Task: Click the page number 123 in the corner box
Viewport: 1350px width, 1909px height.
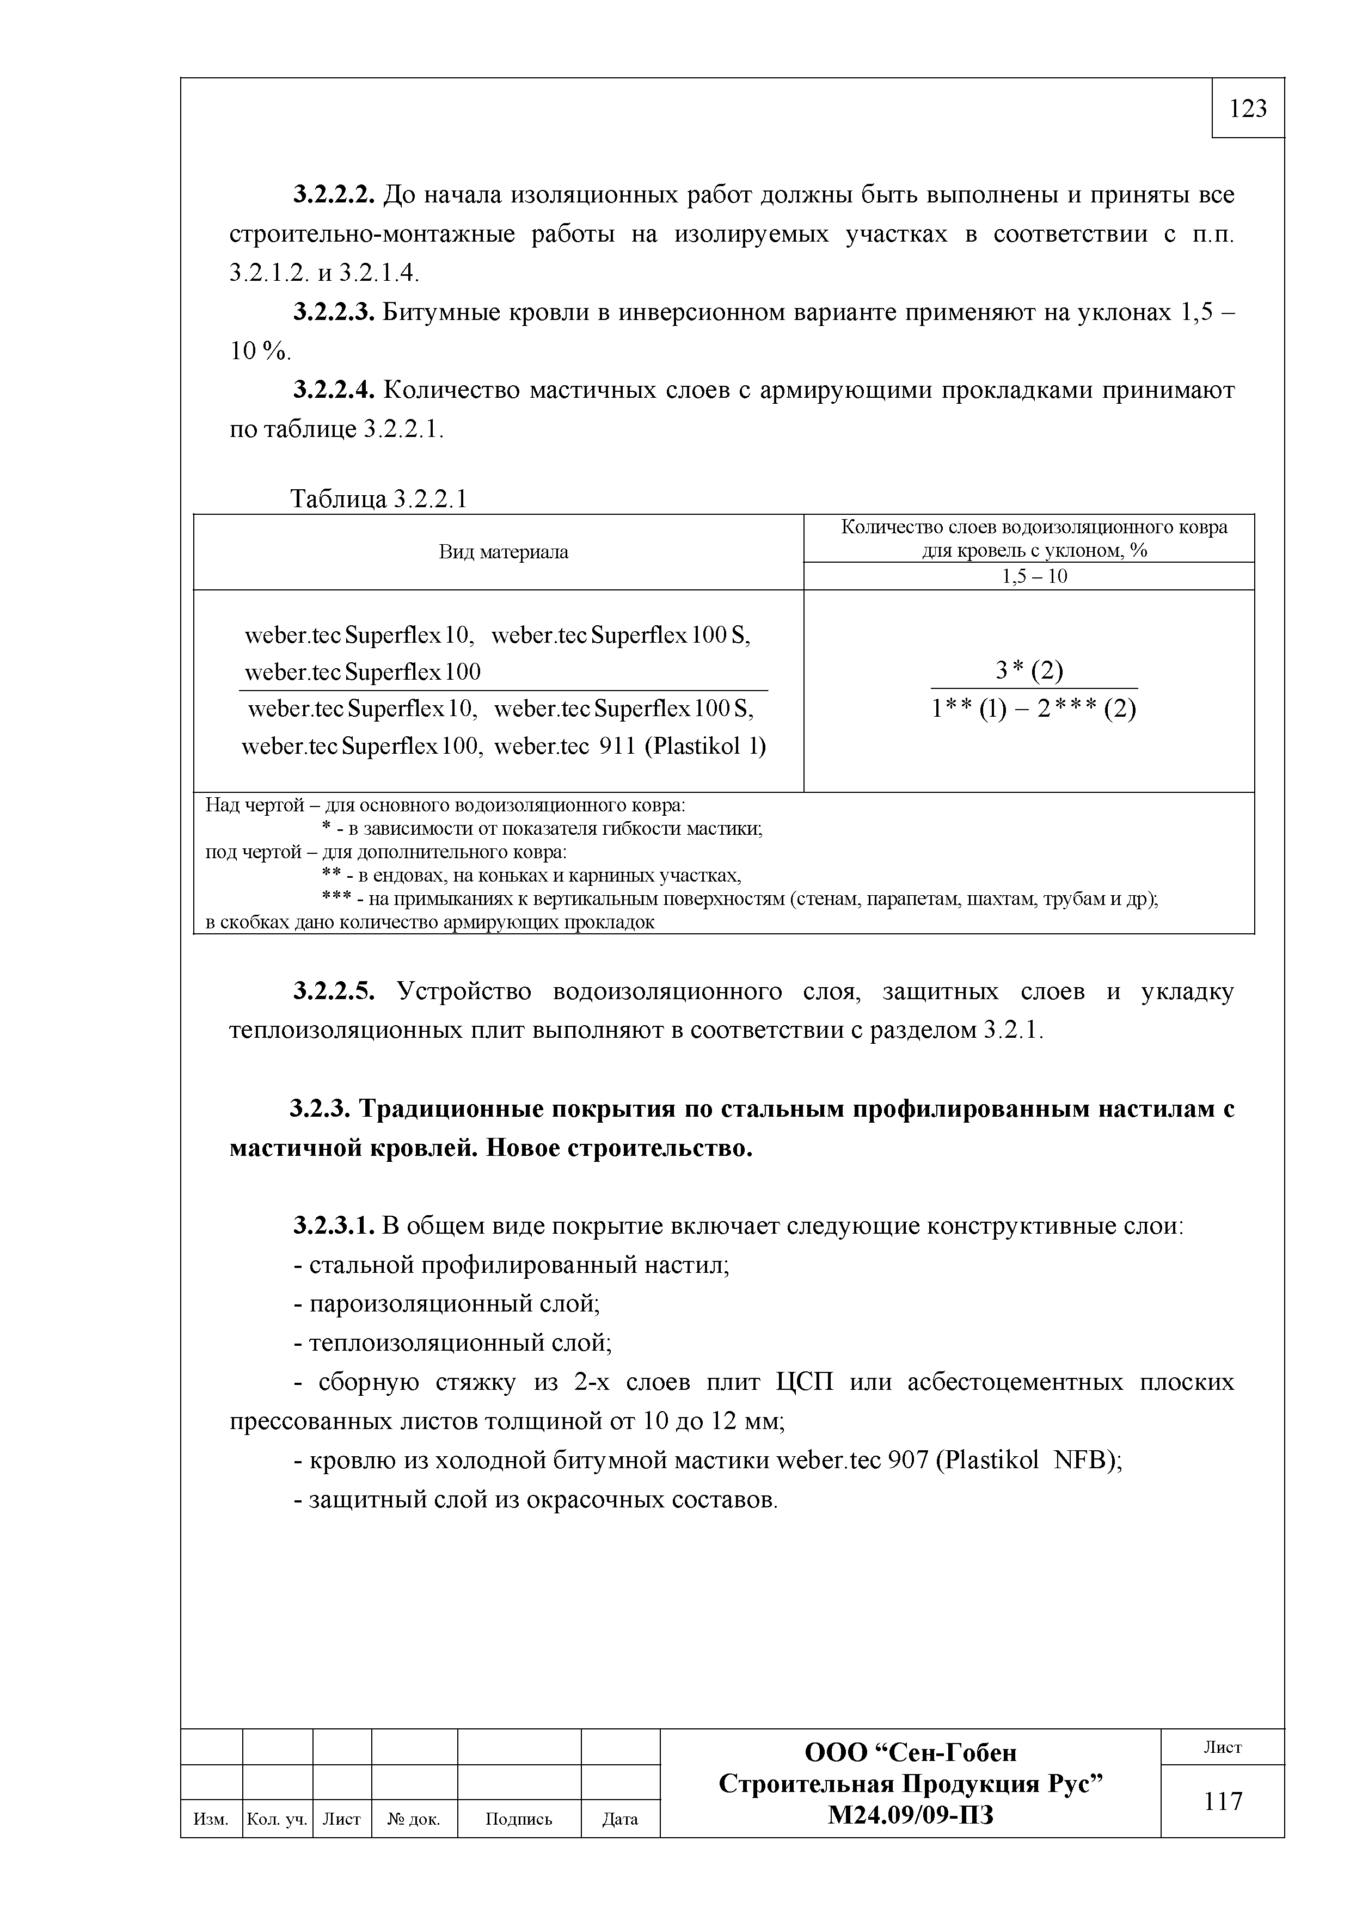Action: [x=1248, y=108]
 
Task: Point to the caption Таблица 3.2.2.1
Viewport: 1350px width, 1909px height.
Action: [x=378, y=499]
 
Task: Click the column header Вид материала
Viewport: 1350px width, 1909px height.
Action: [x=503, y=552]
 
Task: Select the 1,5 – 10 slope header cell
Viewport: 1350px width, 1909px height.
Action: [x=1034, y=576]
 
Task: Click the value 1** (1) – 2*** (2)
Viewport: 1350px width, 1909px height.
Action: [x=1034, y=709]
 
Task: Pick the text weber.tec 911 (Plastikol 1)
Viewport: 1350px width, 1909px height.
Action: [x=630, y=746]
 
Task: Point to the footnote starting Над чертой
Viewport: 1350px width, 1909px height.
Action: [x=445, y=805]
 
